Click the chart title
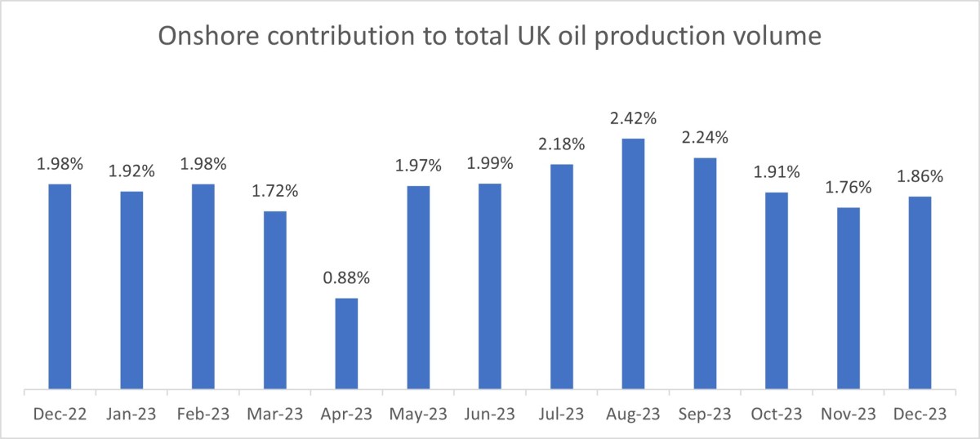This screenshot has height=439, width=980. (x=489, y=38)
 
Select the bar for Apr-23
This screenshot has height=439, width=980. (x=346, y=344)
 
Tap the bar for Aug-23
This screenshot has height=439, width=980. (x=633, y=264)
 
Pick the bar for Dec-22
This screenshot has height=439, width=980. (x=60, y=286)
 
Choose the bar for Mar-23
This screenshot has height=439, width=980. (x=275, y=299)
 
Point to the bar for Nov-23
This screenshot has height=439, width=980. (x=848, y=298)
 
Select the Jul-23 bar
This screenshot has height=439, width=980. (x=562, y=277)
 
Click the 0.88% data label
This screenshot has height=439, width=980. (x=346, y=277)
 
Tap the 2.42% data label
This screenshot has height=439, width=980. (x=633, y=119)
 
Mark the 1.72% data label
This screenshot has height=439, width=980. (x=275, y=192)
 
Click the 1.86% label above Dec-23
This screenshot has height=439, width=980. (x=920, y=176)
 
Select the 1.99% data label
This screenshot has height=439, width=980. (x=490, y=163)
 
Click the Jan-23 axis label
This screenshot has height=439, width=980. (x=131, y=415)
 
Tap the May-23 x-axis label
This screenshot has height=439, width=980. (x=418, y=415)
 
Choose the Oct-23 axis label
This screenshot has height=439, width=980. (x=777, y=415)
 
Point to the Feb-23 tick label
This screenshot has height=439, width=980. (x=203, y=415)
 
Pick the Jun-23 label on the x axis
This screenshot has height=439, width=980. (x=490, y=415)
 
